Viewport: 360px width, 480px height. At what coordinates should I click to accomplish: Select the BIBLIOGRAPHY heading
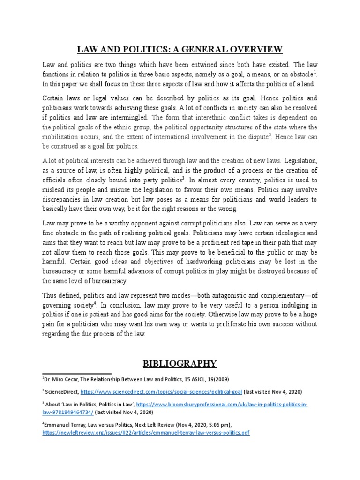[x=180, y=363]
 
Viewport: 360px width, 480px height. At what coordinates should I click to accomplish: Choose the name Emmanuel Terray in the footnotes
[x=65, y=425]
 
